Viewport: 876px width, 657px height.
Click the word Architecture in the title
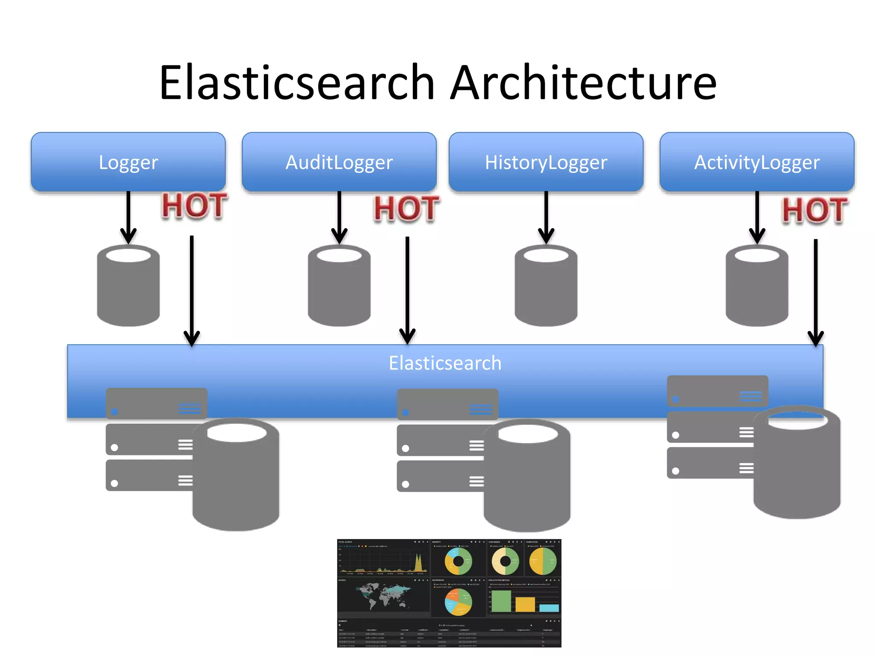tap(583, 83)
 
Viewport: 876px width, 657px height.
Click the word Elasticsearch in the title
tap(297, 83)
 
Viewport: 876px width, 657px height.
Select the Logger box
tap(128, 162)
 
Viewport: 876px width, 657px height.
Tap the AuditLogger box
tap(339, 162)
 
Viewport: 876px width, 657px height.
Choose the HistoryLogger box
tap(546, 162)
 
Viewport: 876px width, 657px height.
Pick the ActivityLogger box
tap(757, 162)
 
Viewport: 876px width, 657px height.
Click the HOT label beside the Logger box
tap(194, 206)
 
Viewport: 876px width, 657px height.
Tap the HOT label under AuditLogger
tap(406, 209)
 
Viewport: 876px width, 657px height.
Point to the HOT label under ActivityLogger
tap(814, 210)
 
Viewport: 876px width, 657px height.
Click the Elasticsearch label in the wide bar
tap(445, 363)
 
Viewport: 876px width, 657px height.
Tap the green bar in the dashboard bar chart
tap(501, 601)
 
